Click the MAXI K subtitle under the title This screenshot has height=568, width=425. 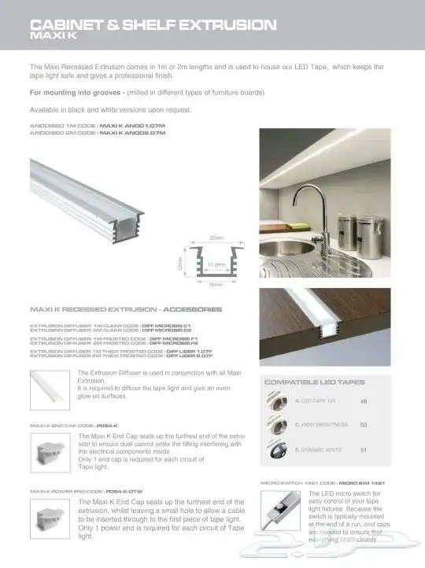pyautogui.click(x=52, y=36)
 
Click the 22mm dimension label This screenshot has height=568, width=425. pyautogui.click(x=218, y=238)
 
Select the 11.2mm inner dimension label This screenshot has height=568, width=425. pyautogui.click(x=217, y=265)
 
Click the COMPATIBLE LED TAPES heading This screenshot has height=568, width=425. pyautogui.click(x=314, y=382)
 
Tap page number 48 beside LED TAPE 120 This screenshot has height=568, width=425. pyautogui.click(x=364, y=402)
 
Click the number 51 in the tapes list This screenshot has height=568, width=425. pyautogui.click(x=364, y=450)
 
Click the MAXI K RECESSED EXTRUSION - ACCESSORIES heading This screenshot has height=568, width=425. pyautogui.click(x=125, y=309)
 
